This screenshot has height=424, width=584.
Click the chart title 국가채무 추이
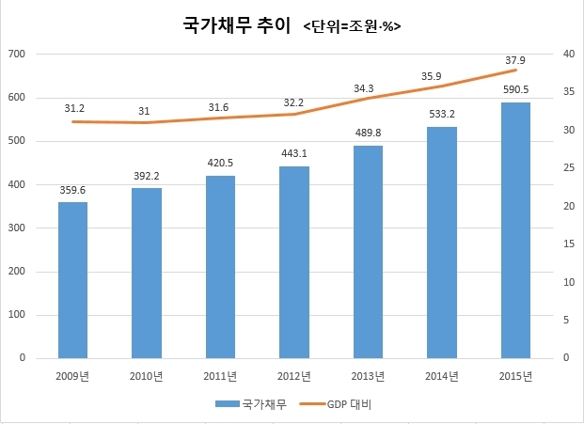pos(236,25)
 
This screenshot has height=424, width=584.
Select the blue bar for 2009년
pos(73,280)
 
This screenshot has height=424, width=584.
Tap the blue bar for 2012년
pos(294,262)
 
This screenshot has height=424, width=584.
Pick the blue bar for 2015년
pos(516,230)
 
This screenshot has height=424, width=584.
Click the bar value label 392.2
pos(147,176)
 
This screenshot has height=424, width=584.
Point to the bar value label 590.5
pos(516,89)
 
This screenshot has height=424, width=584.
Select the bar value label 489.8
pos(368,133)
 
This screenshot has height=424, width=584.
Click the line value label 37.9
pos(515,60)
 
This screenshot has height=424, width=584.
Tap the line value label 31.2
pos(74,108)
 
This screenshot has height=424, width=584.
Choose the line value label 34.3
pos(364,88)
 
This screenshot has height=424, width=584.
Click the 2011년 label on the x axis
pos(220,376)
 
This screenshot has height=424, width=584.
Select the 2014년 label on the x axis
pos(442,376)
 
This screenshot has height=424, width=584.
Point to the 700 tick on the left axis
pos(17,54)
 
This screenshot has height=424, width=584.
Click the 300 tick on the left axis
pos(17,228)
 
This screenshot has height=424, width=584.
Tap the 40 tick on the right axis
pos(569,54)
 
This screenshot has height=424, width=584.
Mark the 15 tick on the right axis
pos(569,243)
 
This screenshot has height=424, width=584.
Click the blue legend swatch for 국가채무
pos(228,404)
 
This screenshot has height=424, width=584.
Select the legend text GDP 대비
pos(349,404)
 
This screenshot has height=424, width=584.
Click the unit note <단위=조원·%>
pos(352,27)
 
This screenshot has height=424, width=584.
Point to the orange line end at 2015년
pos(516,70)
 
